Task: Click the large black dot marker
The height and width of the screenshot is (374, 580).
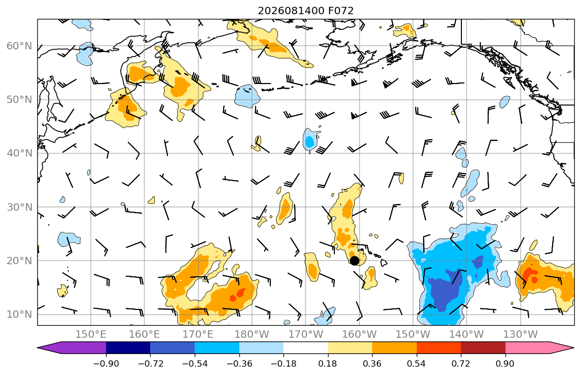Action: (x=354, y=261)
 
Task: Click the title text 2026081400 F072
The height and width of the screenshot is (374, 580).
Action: (x=305, y=11)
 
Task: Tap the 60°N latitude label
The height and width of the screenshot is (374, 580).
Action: (x=19, y=46)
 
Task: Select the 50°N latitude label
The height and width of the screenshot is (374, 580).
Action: (x=19, y=100)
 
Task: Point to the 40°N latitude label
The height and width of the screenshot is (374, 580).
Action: (x=19, y=153)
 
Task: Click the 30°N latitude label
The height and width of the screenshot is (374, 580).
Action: (x=19, y=207)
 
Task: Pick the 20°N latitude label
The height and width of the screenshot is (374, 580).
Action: (x=19, y=261)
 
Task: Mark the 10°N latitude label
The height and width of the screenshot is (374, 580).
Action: (x=19, y=315)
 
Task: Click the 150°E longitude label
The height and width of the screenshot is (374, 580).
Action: (x=91, y=335)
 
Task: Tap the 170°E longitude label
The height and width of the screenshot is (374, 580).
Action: (x=198, y=335)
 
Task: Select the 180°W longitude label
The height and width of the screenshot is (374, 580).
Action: (x=252, y=335)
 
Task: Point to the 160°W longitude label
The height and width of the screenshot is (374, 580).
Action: (x=360, y=335)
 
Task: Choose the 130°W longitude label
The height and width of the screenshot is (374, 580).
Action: (x=521, y=335)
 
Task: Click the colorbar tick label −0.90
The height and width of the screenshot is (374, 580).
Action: (x=106, y=363)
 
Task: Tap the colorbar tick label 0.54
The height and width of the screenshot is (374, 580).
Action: (x=417, y=363)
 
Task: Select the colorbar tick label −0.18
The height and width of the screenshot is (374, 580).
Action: (x=283, y=363)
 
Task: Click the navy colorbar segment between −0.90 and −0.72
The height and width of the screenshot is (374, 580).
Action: (x=128, y=348)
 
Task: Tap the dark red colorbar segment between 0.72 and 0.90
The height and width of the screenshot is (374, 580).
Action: (x=483, y=348)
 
